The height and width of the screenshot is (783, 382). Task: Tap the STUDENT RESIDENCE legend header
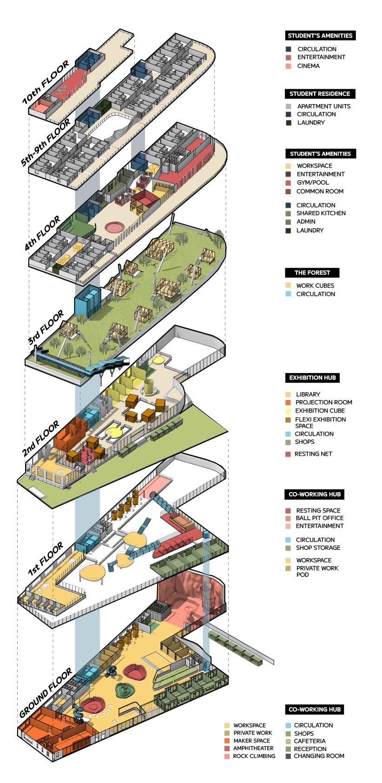pos(320,94)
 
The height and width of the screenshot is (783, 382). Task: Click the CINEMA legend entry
pos(309,66)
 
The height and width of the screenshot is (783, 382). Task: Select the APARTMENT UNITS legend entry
pos(324,106)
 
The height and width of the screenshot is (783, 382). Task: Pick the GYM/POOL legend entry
pos(314,183)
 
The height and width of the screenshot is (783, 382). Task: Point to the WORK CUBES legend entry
pos(315,285)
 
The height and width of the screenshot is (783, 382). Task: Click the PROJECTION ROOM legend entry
pos(323,402)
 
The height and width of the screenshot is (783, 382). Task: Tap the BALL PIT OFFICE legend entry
pos(320,518)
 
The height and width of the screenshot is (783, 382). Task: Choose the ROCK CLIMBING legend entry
pos(254,756)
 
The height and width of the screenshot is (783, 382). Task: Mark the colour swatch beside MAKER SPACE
pos(227,741)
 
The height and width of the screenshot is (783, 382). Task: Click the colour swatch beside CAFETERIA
pos(288,741)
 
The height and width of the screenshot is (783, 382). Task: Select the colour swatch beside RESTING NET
pos(288,454)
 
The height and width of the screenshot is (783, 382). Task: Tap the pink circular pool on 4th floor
pos(114,227)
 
